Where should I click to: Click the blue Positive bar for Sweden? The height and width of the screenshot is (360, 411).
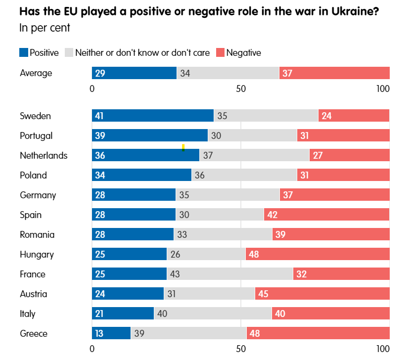click(x=153, y=116)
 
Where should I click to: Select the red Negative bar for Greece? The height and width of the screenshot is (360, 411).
click(x=318, y=333)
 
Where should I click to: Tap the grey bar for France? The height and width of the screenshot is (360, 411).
click(x=230, y=274)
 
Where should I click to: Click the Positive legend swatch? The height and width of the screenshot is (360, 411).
click(x=24, y=52)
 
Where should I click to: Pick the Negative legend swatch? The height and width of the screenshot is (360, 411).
click(x=220, y=52)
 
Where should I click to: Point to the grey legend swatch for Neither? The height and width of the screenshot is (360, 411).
click(x=69, y=52)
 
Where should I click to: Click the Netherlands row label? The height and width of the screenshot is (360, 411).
click(x=44, y=155)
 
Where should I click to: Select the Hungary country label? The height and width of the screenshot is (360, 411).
click(x=37, y=254)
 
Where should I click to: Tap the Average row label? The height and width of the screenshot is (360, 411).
click(x=36, y=73)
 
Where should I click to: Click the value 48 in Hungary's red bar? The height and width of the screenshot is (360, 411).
click(x=254, y=254)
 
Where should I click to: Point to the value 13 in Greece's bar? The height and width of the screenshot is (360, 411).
click(x=99, y=333)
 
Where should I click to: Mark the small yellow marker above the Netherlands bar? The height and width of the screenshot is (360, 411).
click(x=183, y=147)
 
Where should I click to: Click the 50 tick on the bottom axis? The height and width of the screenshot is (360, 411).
click(x=241, y=349)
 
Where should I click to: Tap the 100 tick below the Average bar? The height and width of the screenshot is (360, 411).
click(x=383, y=89)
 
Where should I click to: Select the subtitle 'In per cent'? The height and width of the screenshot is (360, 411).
click(x=45, y=28)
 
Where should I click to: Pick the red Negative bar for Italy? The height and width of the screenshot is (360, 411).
click(x=330, y=314)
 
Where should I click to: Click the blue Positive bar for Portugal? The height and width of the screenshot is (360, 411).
click(x=150, y=135)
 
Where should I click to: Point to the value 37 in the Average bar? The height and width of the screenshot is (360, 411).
click(x=287, y=73)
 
